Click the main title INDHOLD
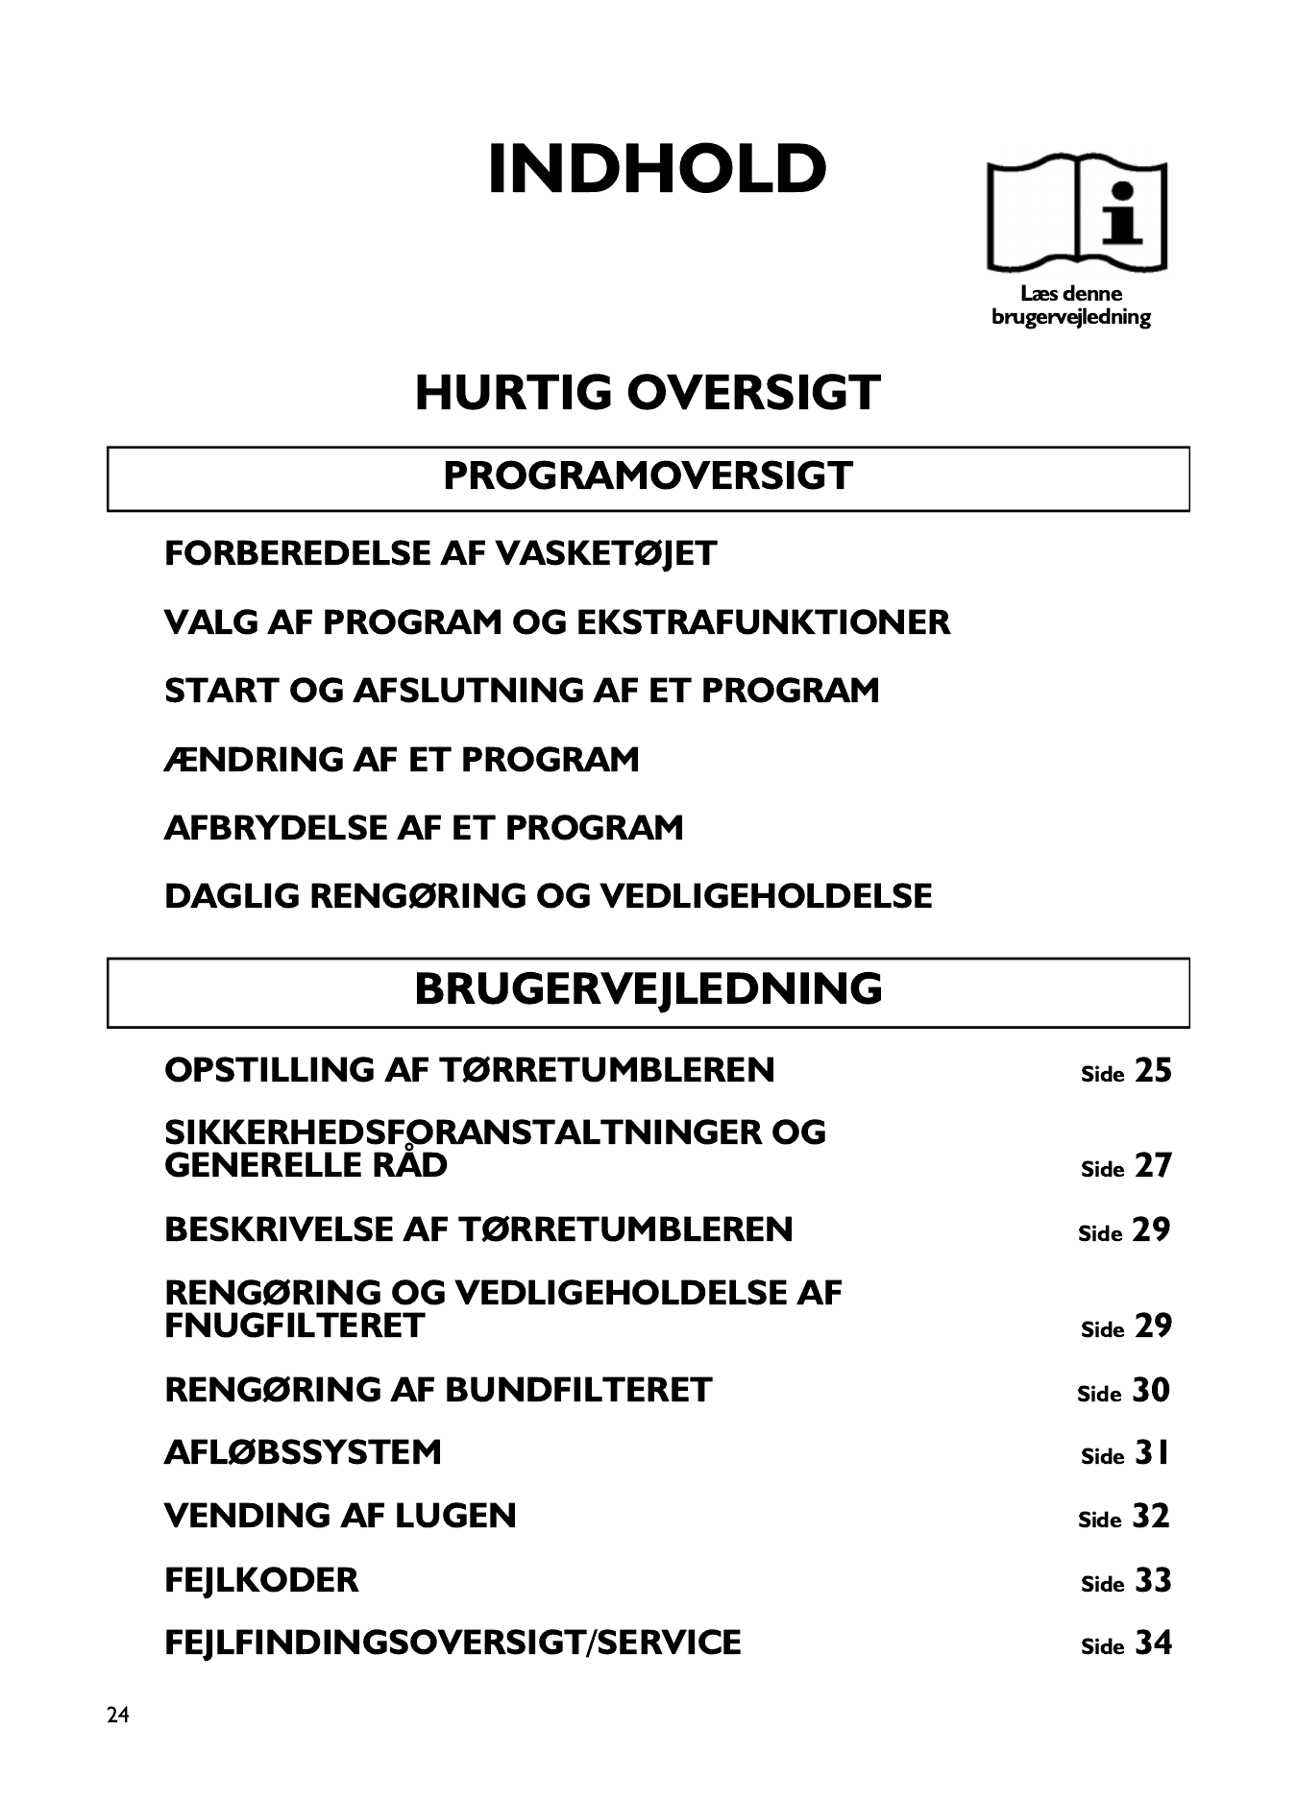click(x=657, y=170)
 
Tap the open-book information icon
click(x=1076, y=214)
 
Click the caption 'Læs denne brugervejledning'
click(x=1071, y=305)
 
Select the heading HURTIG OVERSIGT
click(x=648, y=393)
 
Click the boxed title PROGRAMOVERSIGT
click(x=648, y=476)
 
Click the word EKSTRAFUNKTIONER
click(x=763, y=622)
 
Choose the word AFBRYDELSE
click(x=275, y=828)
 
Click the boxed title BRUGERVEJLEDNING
click(x=648, y=989)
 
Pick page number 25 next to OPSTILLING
click(x=1153, y=1071)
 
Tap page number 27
click(x=1153, y=1166)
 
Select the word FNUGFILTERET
click(x=294, y=1326)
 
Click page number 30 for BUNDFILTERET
click(x=1151, y=1391)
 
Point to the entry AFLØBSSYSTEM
click(x=303, y=1452)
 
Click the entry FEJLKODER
click(x=261, y=1580)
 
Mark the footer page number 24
click(x=118, y=1716)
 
